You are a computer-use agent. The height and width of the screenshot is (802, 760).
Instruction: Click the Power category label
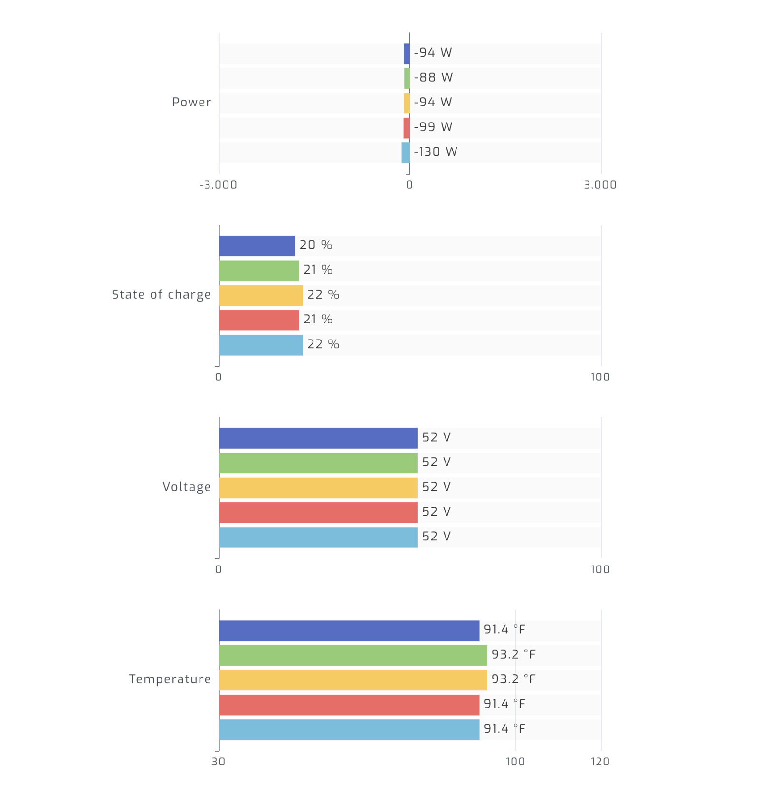pos(191,102)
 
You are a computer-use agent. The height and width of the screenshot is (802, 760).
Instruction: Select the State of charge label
pos(161,294)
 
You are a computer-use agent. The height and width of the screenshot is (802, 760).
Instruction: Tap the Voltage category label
pos(187,487)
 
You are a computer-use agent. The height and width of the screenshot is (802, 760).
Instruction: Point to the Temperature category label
pos(170,679)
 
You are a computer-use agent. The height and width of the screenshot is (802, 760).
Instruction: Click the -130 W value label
pos(435,152)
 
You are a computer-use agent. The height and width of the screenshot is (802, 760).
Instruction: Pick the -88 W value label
pos(433,77)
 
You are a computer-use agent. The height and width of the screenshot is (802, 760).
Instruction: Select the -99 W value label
pos(433,127)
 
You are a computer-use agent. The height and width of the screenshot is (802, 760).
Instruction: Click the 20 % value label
pos(316,245)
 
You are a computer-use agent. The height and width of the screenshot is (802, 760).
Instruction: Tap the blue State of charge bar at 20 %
pos(257,246)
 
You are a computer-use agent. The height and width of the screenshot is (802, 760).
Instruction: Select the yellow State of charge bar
pos(261,295)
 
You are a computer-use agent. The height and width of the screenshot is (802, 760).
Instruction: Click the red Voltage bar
pos(318,512)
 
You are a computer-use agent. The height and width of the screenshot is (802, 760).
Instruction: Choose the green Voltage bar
pos(318,463)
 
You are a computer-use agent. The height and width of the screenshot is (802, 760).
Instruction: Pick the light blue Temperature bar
pos(349,729)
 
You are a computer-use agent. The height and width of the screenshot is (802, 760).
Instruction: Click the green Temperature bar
pos(353,655)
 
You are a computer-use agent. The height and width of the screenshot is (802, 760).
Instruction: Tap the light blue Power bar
pos(406,153)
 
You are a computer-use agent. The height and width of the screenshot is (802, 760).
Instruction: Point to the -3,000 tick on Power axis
pos(218,185)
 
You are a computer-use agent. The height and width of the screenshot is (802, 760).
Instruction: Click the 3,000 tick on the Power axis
pos(600,185)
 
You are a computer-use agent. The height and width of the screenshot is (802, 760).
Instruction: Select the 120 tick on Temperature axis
pos(600,762)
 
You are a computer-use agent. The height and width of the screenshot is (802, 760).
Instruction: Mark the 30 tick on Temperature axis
pos(218,762)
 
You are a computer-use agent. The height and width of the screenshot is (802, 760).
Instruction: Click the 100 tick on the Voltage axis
pos(600,569)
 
